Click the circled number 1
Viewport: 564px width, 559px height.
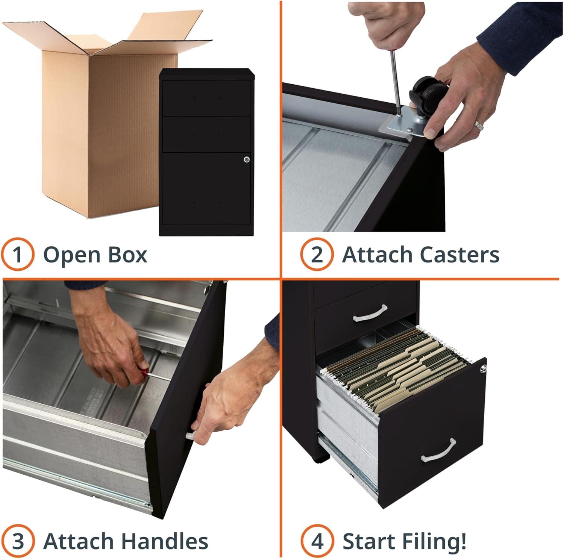[18, 255]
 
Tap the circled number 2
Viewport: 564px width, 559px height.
[317, 255]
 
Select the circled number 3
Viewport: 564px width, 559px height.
[18, 541]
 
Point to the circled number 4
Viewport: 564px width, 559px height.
[317, 541]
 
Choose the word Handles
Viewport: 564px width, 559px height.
[165, 541]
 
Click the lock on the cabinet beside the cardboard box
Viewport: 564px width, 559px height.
[246, 159]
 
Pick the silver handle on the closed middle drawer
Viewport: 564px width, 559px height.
[370, 313]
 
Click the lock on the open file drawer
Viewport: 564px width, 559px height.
[483, 369]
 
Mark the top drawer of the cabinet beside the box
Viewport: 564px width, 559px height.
[206, 97]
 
